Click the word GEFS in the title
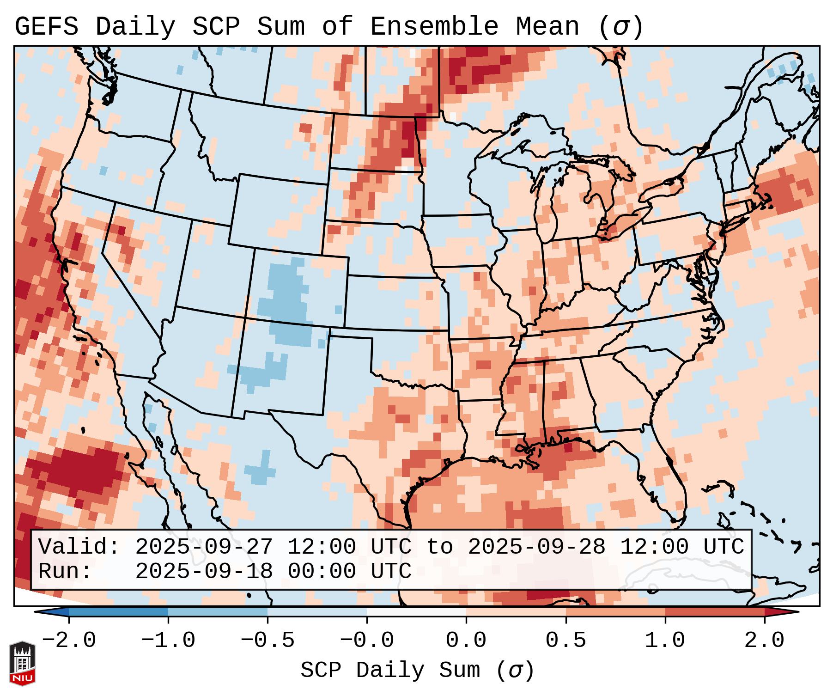46,27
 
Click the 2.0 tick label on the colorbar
764,641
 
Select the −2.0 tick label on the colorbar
69,641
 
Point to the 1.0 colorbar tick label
665,641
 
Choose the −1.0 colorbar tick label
168,641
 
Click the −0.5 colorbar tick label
268,641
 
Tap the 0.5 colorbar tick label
565,641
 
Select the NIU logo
22,663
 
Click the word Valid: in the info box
79,547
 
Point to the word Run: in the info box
65,571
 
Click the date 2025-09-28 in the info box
536,547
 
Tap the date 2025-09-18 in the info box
204,571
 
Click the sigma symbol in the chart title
621,27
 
